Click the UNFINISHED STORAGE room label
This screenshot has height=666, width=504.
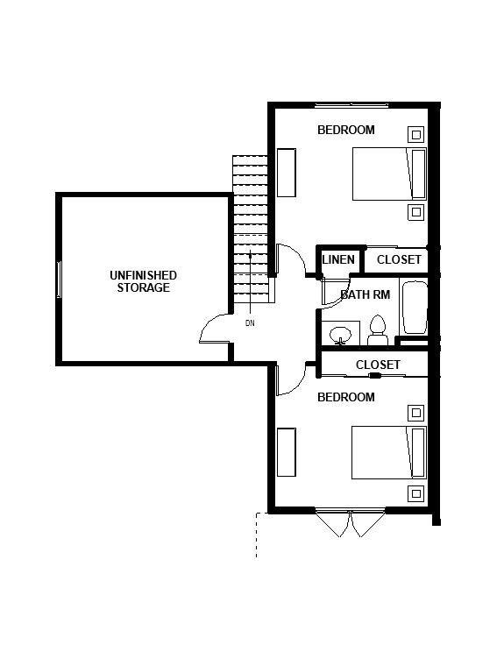coord(143,281)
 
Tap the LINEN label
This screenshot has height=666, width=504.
coord(338,259)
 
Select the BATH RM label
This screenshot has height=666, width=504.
coord(365,294)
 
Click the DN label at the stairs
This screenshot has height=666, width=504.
coord(250,322)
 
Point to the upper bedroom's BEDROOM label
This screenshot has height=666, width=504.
coord(345,130)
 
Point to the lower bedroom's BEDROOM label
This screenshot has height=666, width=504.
coord(345,397)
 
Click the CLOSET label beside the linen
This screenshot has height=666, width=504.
coord(399,259)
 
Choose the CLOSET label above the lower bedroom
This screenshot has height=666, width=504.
coord(378,365)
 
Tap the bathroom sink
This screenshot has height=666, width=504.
coord(340,334)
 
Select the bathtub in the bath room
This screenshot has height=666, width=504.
coord(414,307)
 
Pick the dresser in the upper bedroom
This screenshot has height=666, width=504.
coord(287,174)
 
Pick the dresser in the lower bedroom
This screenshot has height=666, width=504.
coord(287,452)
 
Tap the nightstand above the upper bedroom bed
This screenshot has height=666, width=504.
coord(415,134)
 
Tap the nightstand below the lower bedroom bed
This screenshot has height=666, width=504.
coord(415,492)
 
